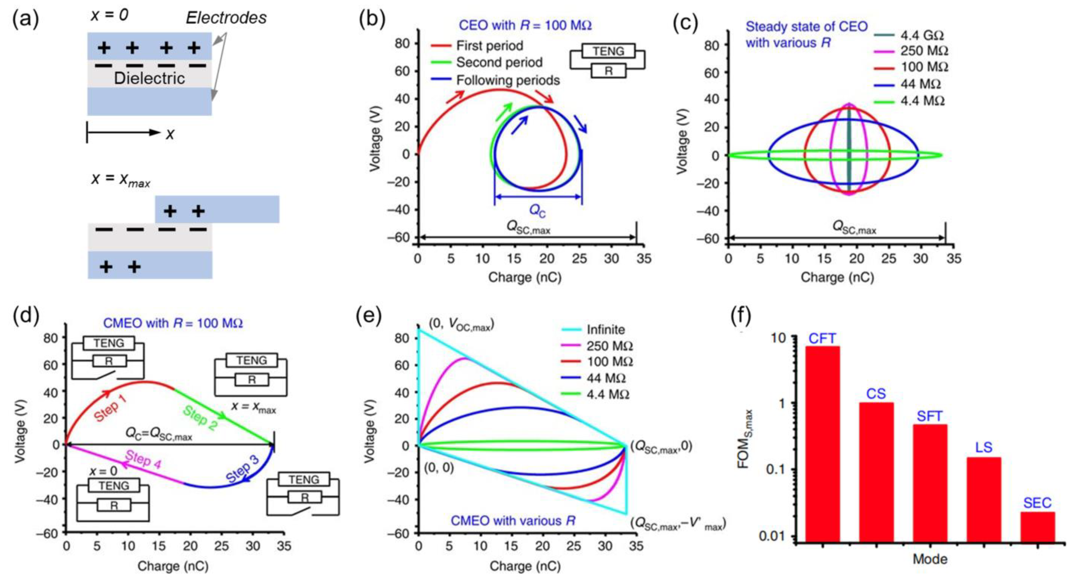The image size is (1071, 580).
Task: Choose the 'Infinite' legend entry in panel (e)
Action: (605, 330)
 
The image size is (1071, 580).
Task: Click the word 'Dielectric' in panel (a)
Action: (149, 78)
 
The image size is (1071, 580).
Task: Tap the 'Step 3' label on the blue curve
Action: (242, 469)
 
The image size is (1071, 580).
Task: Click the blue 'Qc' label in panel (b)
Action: (537, 211)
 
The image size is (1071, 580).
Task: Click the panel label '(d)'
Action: (26, 315)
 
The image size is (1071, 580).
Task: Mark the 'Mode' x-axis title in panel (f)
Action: (930, 559)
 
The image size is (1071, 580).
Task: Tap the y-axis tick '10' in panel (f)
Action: (778, 338)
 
